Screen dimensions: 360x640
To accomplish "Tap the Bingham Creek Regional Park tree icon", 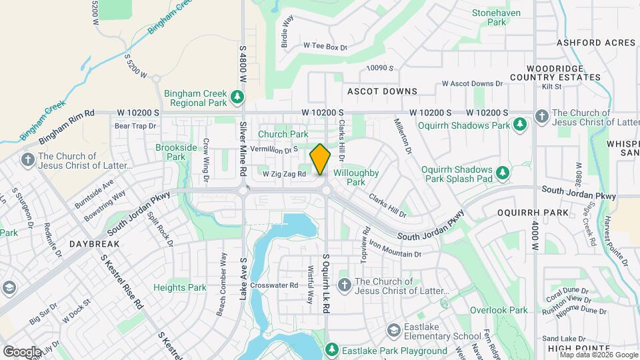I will pos(237,99).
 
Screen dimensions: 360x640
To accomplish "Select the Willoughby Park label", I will pos(356,177).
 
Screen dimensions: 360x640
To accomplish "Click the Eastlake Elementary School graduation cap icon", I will pos(394,331).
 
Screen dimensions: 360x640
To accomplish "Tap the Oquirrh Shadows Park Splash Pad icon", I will pos(503,174).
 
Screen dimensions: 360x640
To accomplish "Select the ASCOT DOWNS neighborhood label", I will pos(382,91).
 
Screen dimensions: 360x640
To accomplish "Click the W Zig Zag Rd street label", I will pos(284,174).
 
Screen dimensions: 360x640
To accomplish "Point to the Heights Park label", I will pos(180,287).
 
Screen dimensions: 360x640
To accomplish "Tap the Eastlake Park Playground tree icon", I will pos(331,350).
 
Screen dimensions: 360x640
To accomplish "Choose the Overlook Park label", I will pos(499,310).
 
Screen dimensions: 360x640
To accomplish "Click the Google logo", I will pos(23,351).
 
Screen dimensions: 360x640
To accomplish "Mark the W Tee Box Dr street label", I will pos(326,46).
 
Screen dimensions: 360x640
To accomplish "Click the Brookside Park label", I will pos(176,152).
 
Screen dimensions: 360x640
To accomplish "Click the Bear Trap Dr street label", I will pos(135,125).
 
